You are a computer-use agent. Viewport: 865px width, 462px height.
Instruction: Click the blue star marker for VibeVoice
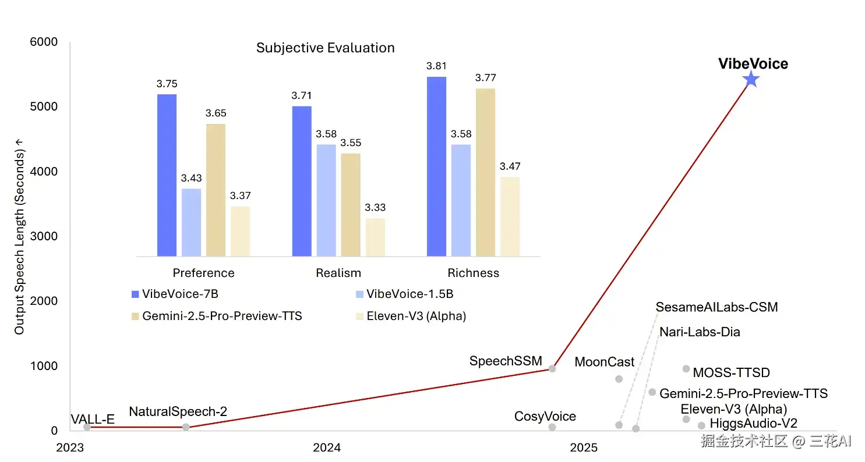tap(751, 80)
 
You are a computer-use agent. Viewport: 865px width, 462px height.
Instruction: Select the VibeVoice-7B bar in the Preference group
tap(167, 175)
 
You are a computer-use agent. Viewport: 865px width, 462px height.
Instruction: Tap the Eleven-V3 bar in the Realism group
tap(375, 237)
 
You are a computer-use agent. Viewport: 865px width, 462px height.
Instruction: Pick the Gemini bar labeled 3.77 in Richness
tap(485, 172)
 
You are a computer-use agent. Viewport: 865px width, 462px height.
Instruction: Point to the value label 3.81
tap(436, 66)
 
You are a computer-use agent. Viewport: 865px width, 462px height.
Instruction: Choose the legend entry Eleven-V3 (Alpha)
tap(416, 316)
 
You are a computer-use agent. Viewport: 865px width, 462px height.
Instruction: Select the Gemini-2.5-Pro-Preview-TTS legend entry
tap(222, 316)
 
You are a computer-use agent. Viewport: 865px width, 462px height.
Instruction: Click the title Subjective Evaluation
tap(325, 48)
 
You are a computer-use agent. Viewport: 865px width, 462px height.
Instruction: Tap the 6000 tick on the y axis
tap(44, 42)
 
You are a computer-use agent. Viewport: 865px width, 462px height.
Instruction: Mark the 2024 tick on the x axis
tap(327, 447)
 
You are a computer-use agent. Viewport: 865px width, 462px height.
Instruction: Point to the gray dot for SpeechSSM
tap(552, 368)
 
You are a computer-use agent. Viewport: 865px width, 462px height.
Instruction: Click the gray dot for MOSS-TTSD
tap(686, 368)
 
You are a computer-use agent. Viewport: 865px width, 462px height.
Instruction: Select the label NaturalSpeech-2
tap(178, 412)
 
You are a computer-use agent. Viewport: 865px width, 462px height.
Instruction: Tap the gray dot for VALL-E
tap(87, 427)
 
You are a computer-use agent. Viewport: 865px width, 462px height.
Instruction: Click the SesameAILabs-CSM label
tap(716, 307)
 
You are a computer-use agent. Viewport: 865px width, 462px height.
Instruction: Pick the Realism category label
tap(338, 273)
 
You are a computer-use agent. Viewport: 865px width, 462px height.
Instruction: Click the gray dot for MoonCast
tap(619, 379)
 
